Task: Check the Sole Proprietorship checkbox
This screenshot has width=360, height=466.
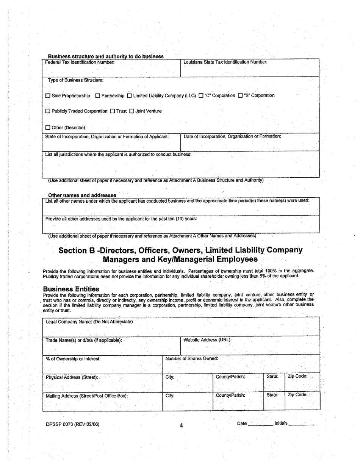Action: [48, 96]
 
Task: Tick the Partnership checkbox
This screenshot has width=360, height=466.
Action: [98, 96]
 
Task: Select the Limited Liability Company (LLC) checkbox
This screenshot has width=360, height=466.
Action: [129, 96]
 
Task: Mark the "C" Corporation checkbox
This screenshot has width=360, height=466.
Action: [201, 96]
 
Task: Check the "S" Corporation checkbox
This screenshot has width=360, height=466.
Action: [240, 96]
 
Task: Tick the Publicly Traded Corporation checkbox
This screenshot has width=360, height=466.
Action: [48, 111]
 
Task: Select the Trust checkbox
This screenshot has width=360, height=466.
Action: [113, 111]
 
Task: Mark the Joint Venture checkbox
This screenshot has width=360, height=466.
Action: [132, 111]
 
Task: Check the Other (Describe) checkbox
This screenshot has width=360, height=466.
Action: [48, 128]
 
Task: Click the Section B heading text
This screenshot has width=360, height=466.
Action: [180, 255]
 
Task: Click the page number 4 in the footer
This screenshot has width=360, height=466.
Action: [181, 425]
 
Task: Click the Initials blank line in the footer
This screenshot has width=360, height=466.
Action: [302, 424]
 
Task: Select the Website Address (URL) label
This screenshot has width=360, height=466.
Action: [207, 340]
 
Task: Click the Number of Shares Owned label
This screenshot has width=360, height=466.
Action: [192, 358]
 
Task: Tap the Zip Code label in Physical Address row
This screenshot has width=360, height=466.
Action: [298, 377]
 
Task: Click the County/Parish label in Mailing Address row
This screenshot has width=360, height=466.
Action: [230, 395]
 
